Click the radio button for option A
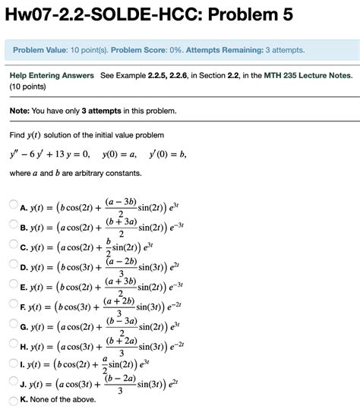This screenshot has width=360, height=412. point(13,205)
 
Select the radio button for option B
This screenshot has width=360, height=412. point(13,225)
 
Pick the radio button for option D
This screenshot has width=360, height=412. point(13,266)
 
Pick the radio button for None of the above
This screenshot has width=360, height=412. point(13,401)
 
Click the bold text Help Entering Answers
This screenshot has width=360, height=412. point(52,76)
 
